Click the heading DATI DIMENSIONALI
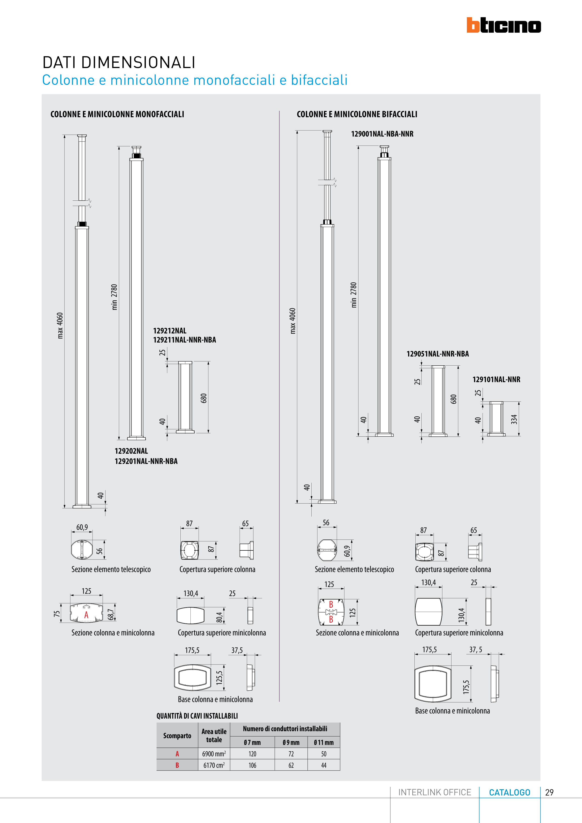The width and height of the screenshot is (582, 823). click(x=119, y=62)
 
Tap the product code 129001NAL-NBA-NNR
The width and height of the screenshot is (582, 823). click(x=382, y=134)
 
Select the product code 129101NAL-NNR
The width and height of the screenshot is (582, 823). click(x=496, y=380)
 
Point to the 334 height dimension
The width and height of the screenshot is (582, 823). click(x=514, y=419)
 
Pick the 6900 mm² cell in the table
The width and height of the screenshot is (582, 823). click(x=214, y=754)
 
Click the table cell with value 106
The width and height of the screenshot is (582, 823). click(x=252, y=765)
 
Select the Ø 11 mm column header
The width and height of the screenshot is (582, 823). click(x=324, y=742)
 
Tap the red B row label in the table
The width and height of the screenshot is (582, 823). click(x=177, y=765)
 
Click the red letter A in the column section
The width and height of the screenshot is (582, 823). click(x=86, y=615)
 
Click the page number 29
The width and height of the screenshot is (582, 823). click(x=549, y=792)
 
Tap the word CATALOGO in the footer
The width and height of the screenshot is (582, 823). click(x=510, y=792)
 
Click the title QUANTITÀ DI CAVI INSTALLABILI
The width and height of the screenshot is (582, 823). click(x=197, y=716)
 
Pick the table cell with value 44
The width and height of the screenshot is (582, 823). click(x=324, y=765)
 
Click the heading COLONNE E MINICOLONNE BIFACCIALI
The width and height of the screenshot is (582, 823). click(x=357, y=114)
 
